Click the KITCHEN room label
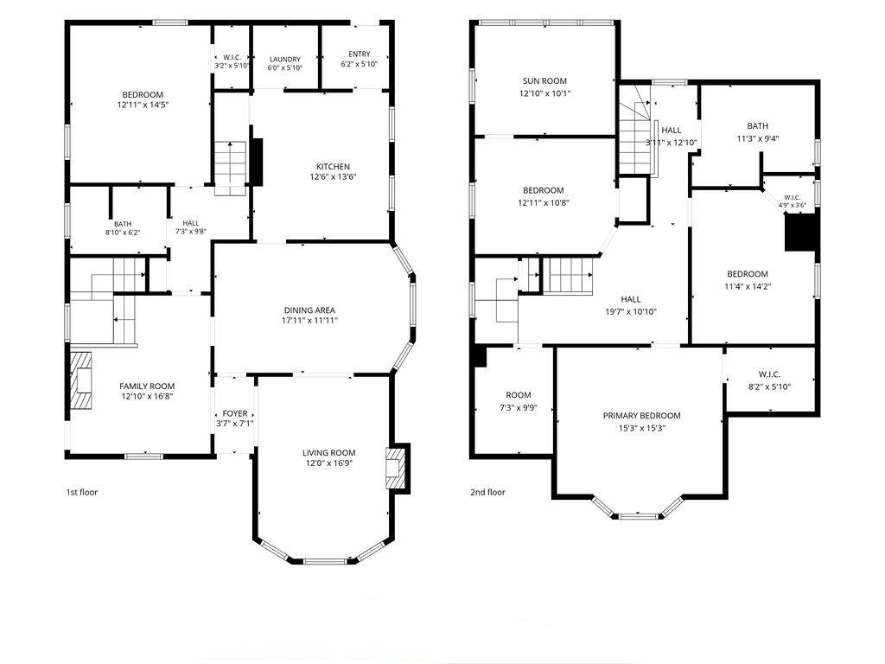coord(333,167)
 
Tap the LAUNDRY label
coord(285,60)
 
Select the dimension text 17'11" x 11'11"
coord(310,321)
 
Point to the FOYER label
coord(235,413)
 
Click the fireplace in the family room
coord(80,380)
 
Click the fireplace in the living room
coord(396,468)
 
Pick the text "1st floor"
coord(82,492)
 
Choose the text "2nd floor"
coord(487,492)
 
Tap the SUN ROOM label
coord(544,80)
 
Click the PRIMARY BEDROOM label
coord(642,416)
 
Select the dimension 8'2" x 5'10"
coord(769,386)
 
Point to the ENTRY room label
coord(360,54)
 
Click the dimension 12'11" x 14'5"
coord(143,105)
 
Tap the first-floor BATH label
coord(123,224)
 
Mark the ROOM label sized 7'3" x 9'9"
coord(519,395)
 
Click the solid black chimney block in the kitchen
coord(256,162)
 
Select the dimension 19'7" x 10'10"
coord(630,311)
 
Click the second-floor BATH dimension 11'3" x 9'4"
coord(757,138)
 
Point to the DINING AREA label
coord(309,310)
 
